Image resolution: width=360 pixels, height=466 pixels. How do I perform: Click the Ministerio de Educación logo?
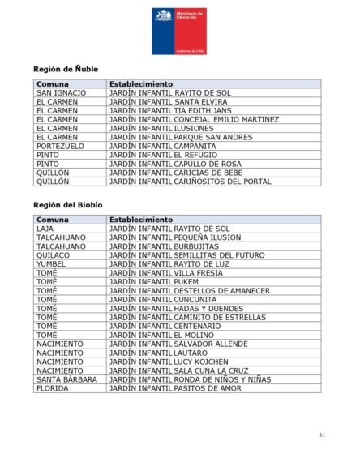coord(179,30)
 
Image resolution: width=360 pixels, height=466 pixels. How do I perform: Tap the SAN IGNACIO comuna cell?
coord(62,93)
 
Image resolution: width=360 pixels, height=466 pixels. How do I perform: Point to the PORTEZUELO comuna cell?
coord(61,146)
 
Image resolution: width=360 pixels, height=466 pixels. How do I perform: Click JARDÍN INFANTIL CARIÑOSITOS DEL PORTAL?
coord(191,182)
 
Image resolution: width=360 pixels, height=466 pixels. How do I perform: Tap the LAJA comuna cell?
coord(45,229)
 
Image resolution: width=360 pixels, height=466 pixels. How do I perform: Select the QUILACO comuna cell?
coord(54,255)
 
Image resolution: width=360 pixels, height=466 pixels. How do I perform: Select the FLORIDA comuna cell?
coord(53,388)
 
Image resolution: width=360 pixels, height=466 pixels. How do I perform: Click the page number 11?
coord(322,435)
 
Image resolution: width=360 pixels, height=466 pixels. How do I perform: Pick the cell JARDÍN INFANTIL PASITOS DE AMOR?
coord(175,388)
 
